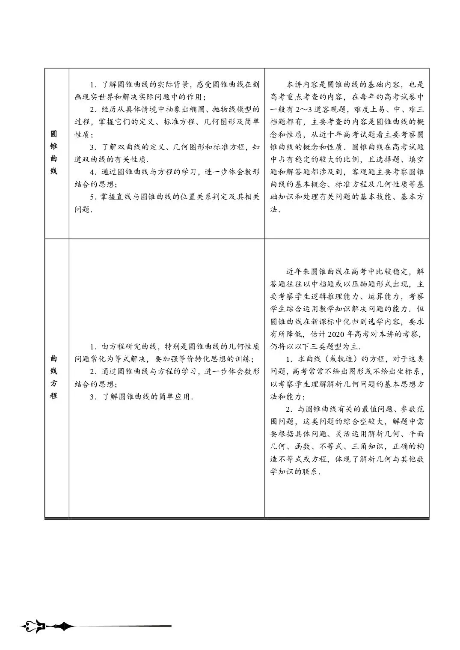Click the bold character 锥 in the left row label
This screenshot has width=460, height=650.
53,146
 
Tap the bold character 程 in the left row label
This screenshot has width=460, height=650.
53,396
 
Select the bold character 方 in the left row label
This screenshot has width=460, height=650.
53,383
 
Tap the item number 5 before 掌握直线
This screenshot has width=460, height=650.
92,197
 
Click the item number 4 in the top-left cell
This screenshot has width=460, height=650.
92,172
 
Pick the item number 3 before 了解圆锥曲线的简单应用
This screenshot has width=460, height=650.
92,397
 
